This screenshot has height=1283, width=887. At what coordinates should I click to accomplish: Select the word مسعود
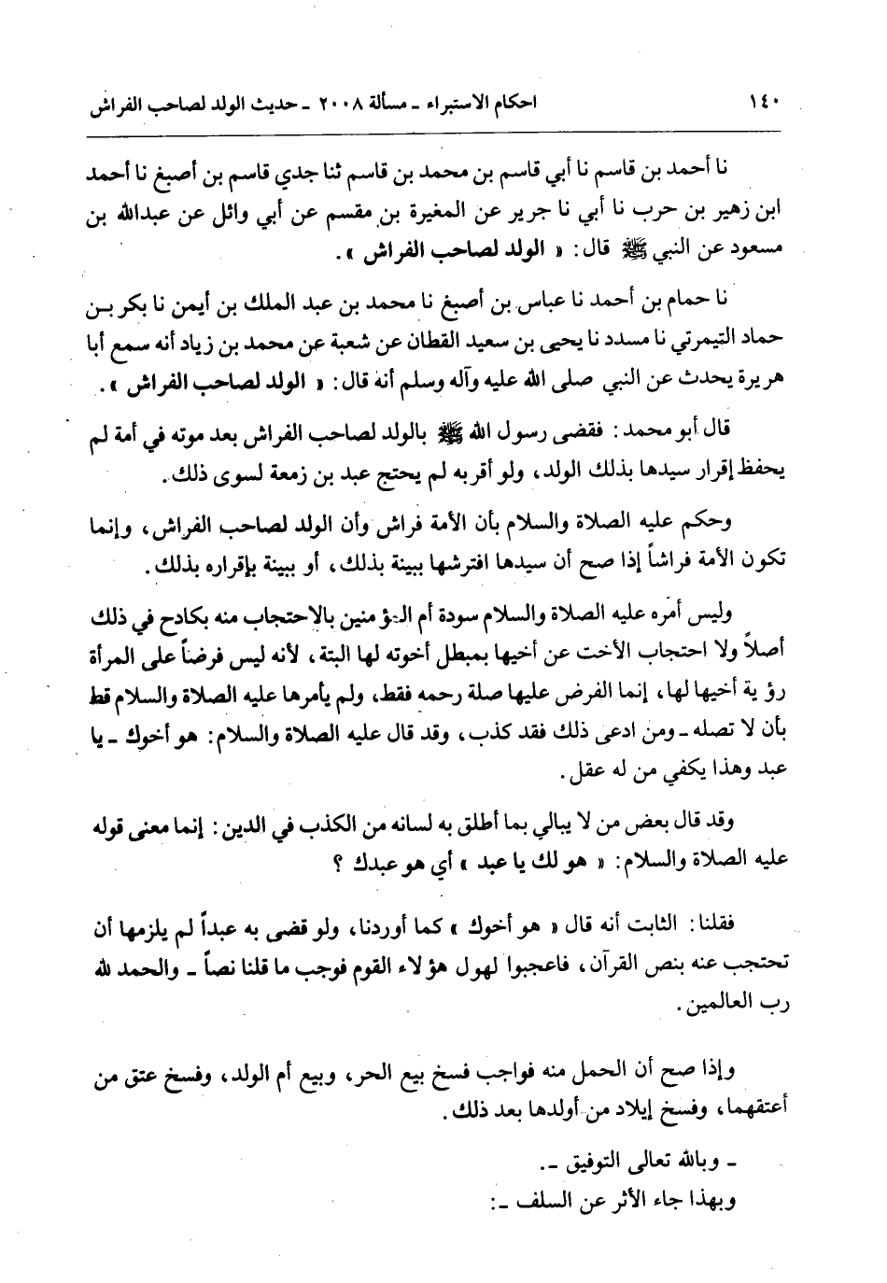[759, 253]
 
